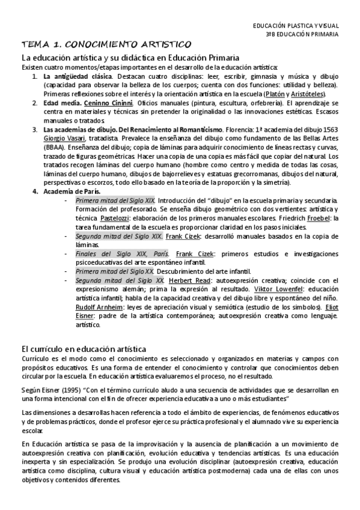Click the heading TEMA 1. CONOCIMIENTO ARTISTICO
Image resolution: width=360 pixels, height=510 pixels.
coord(106,45)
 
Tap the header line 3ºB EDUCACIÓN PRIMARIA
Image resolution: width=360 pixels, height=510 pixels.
coord(302,35)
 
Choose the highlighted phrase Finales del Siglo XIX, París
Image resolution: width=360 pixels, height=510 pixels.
coord(114,254)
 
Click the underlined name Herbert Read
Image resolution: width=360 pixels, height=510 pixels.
coord(188,281)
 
